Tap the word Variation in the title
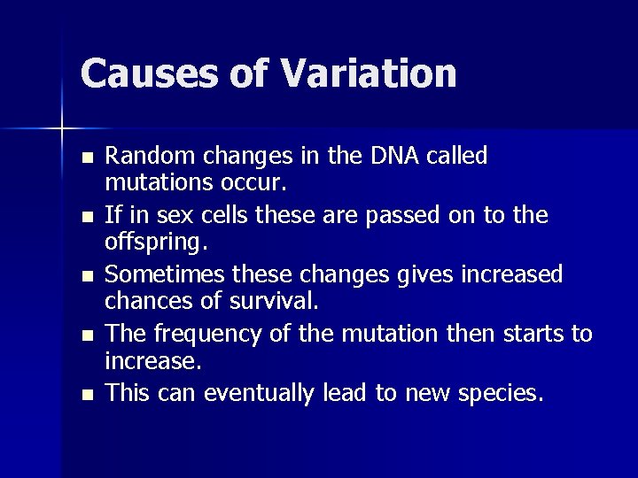(370, 73)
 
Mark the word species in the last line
(500, 393)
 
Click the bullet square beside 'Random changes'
(85, 158)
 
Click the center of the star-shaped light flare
(62, 129)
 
